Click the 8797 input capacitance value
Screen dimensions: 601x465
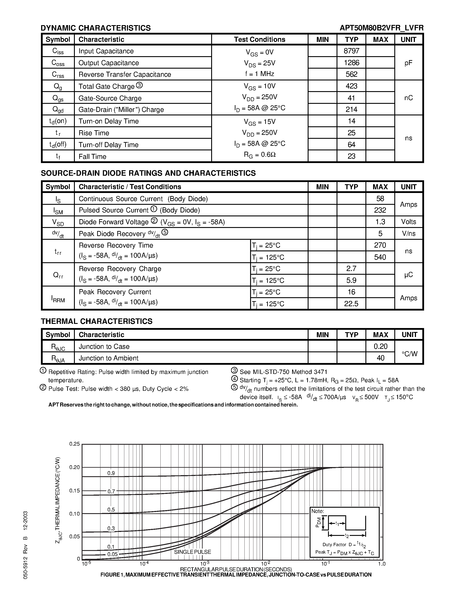click(351, 51)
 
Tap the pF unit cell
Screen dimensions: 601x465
click(408, 63)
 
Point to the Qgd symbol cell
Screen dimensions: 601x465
click(58, 109)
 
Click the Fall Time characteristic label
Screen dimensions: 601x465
click(92, 156)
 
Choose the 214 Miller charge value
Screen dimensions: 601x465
click(351, 109)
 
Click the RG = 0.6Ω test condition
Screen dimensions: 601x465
click(260, 155)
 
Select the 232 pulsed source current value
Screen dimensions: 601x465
click(380, 210)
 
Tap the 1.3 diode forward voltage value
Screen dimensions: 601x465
click(380, 222)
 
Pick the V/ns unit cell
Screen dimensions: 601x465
click(408, 234)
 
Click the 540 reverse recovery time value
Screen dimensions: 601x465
click(380, 257)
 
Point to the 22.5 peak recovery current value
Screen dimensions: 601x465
click(351, 304)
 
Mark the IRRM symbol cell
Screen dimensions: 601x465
click(58, 298)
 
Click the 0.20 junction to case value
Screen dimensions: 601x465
click(380, 346)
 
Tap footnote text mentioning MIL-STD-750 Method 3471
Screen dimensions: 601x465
click(283, 372)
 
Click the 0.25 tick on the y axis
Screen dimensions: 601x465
click(74, 444)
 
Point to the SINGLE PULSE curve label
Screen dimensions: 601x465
click(192, 552)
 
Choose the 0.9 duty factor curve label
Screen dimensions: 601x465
click(111, 473)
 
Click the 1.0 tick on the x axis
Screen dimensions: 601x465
click(382, 564)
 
